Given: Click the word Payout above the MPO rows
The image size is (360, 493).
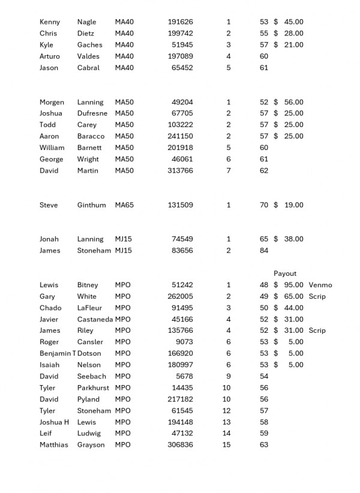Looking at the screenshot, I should (x=285, y=273).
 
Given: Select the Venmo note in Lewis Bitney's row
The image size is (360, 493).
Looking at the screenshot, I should (x=320, y=285).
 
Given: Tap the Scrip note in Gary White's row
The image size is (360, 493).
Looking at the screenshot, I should (x=317, y=296).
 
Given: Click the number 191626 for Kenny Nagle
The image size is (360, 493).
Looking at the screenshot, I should (x=181, y=22).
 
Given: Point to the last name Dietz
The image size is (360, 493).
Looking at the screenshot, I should (x=86, y=34).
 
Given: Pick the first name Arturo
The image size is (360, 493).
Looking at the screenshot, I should (x=50, y=56).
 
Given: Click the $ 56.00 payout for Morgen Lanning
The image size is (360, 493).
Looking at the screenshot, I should (x=289, y=103).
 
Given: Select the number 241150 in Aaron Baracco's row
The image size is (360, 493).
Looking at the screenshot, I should (x=181, y=137).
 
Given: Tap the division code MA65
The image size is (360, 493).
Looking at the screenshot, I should (x=124, y=205).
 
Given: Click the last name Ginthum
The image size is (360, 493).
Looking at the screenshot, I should (x=91, y=205).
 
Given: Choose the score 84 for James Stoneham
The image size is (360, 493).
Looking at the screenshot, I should (x=264, y=251).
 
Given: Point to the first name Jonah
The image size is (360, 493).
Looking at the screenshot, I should (x=49, y=239).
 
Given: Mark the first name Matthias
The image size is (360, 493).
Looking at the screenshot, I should (x=54, y=445).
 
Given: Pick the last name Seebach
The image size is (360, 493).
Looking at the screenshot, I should (x=92, y=376).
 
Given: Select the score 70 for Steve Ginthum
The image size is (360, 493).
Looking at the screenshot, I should (x=264, y=205).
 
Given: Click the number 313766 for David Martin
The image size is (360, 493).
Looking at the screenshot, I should (x=181, y=171).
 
